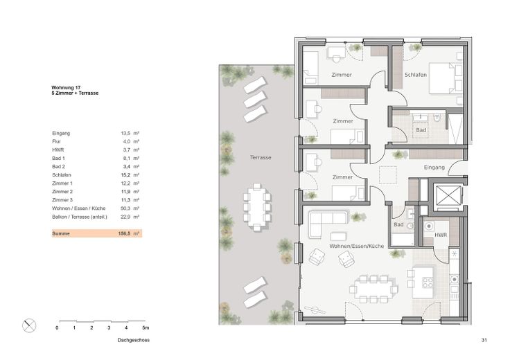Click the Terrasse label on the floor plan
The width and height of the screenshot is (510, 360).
coord(261,159)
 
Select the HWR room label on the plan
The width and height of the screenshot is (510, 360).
coord(441,235)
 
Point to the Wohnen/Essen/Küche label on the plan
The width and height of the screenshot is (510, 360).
coord(357,246)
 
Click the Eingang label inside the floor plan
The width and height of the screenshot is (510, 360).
coord(434,168)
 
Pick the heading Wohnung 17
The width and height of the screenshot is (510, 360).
coord(67,87)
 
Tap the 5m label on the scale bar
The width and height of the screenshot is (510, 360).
coord(146,327)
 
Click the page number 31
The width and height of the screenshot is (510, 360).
coord(484,341)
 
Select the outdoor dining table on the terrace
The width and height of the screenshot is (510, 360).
coord(256,206)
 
